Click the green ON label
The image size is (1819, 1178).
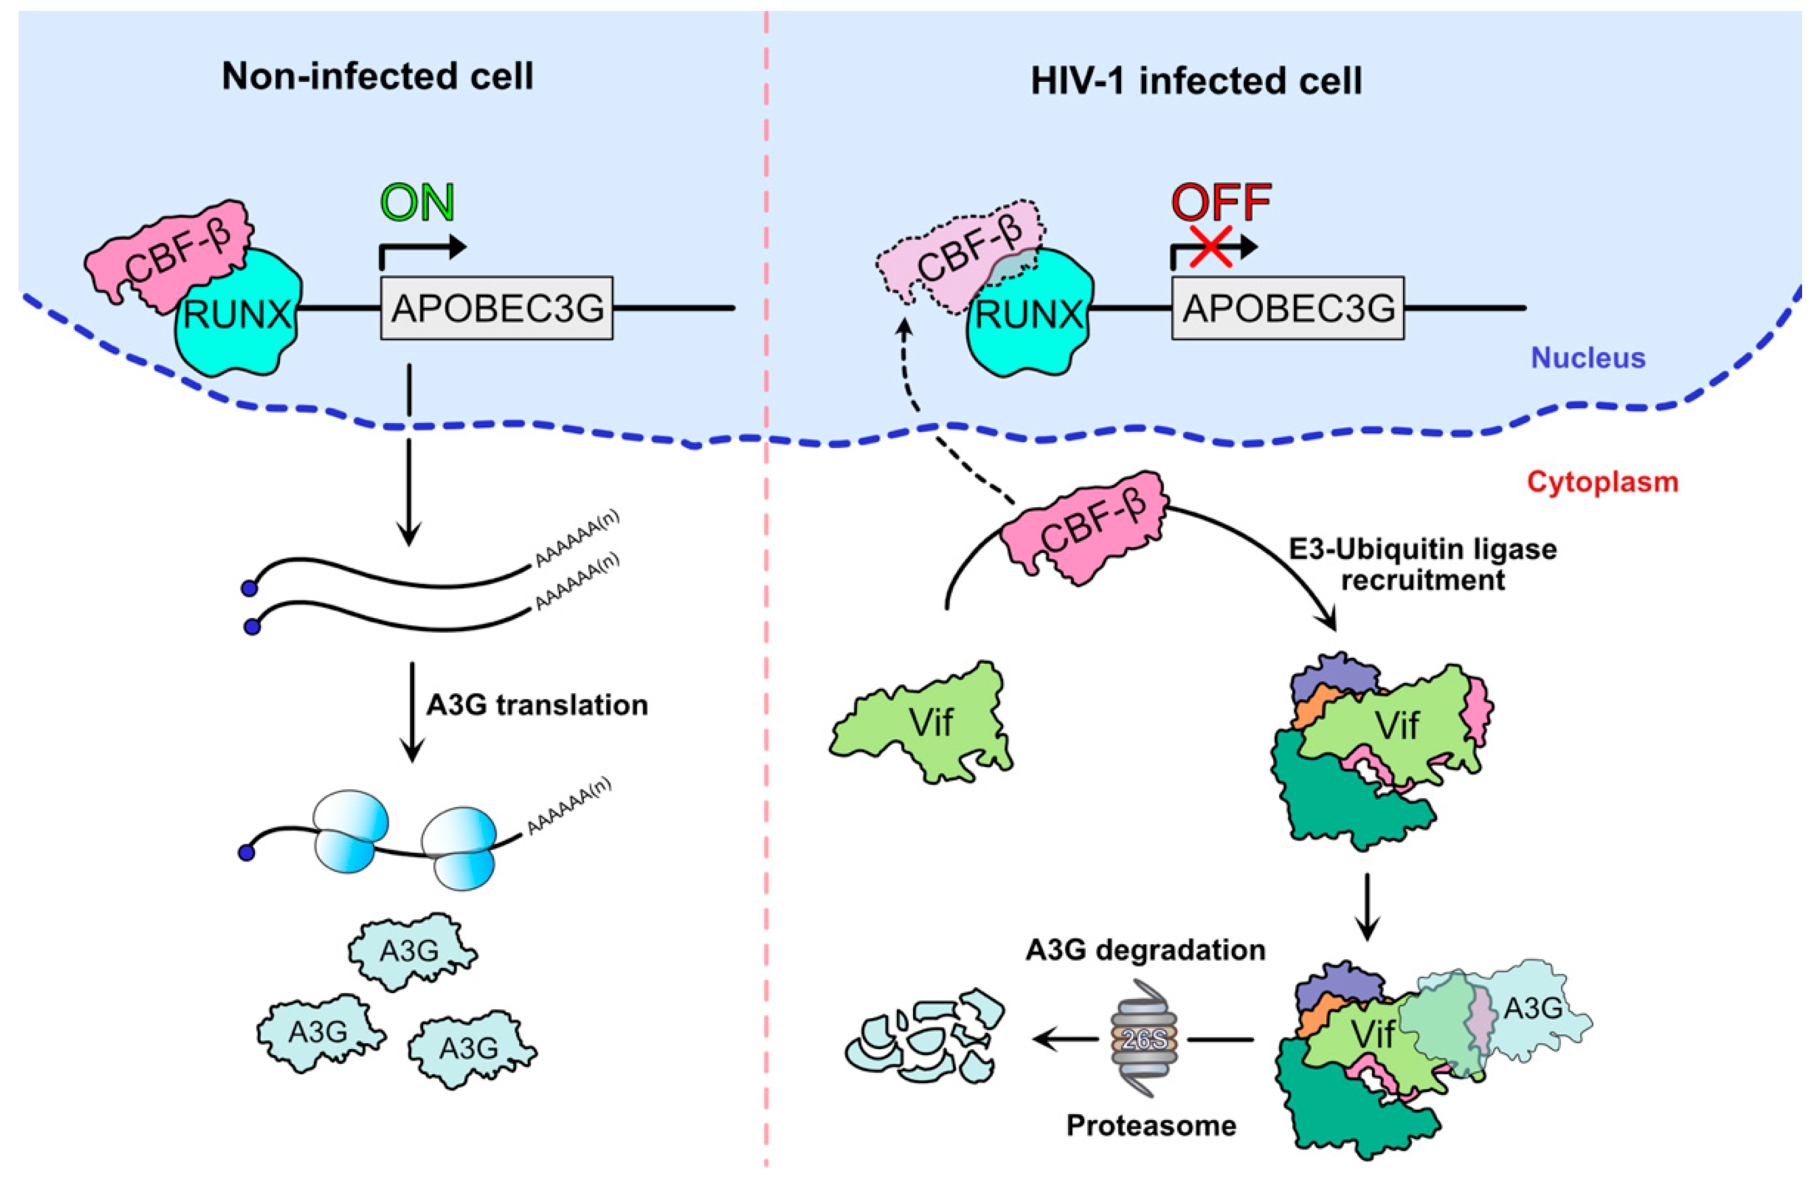click(x=418, y=204)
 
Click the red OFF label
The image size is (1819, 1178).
click(x=1221, y=204)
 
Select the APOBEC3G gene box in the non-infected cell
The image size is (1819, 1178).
click(x=497, y=308)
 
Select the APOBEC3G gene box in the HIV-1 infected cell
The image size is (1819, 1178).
click(x=1288, y=308)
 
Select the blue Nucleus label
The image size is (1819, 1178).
click(x=1588, y=358)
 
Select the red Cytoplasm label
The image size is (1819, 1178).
click(x=1602, y=481)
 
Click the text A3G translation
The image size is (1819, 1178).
click(x=536, y=705)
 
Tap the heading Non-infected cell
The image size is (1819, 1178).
click(x=378, y=76)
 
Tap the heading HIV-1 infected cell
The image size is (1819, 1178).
click(x=1196, y=81)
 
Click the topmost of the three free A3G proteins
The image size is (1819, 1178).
click(x=410, y=951)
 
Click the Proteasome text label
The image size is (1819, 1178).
click(x=1151, y=1125)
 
